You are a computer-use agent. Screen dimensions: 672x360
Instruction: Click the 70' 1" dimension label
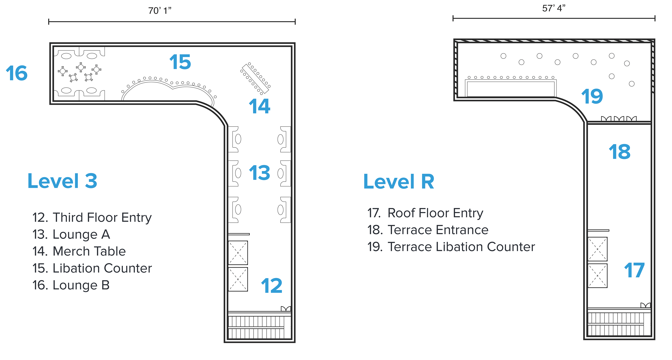point(160,11)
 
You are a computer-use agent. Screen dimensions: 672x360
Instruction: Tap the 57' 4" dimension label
point(554,8)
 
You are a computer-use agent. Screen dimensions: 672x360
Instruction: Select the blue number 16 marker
point(16,73)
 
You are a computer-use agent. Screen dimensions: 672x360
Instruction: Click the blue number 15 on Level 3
point(180,62)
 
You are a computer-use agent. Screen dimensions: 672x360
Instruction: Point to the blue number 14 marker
point(259,106)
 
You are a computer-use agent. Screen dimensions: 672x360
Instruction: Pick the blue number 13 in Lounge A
point(259,173)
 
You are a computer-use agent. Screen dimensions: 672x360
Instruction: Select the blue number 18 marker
point(619,152)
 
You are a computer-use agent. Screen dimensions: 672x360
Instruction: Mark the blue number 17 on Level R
point(634,271)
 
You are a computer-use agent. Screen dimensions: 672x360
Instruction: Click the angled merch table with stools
point(255,78)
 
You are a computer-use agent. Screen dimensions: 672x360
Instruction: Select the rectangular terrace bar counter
point(510,89)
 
